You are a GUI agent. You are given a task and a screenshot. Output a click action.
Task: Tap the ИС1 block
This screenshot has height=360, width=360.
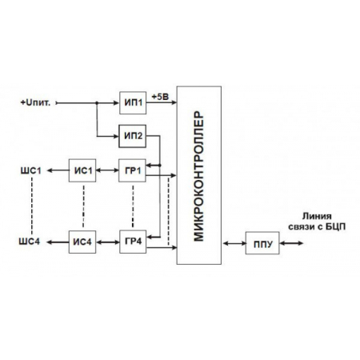tap(83, 170)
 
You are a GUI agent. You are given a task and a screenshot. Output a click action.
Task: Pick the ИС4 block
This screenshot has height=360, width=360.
tap(83, 241)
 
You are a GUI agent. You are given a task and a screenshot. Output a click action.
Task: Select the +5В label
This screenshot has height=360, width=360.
tap(159, 95)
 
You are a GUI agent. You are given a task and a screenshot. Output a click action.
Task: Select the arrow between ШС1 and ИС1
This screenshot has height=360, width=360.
tap(58, 170)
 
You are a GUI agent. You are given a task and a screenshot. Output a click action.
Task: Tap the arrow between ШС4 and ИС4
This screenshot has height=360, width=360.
tap(58, 241)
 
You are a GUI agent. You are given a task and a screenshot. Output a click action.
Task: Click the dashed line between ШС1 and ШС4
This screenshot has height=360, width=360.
tap(30, 206)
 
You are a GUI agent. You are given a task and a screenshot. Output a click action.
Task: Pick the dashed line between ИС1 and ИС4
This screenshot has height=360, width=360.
tap(83, 206)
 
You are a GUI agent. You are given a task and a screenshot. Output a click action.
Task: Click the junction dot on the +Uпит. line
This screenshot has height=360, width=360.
tap(97, 102)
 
